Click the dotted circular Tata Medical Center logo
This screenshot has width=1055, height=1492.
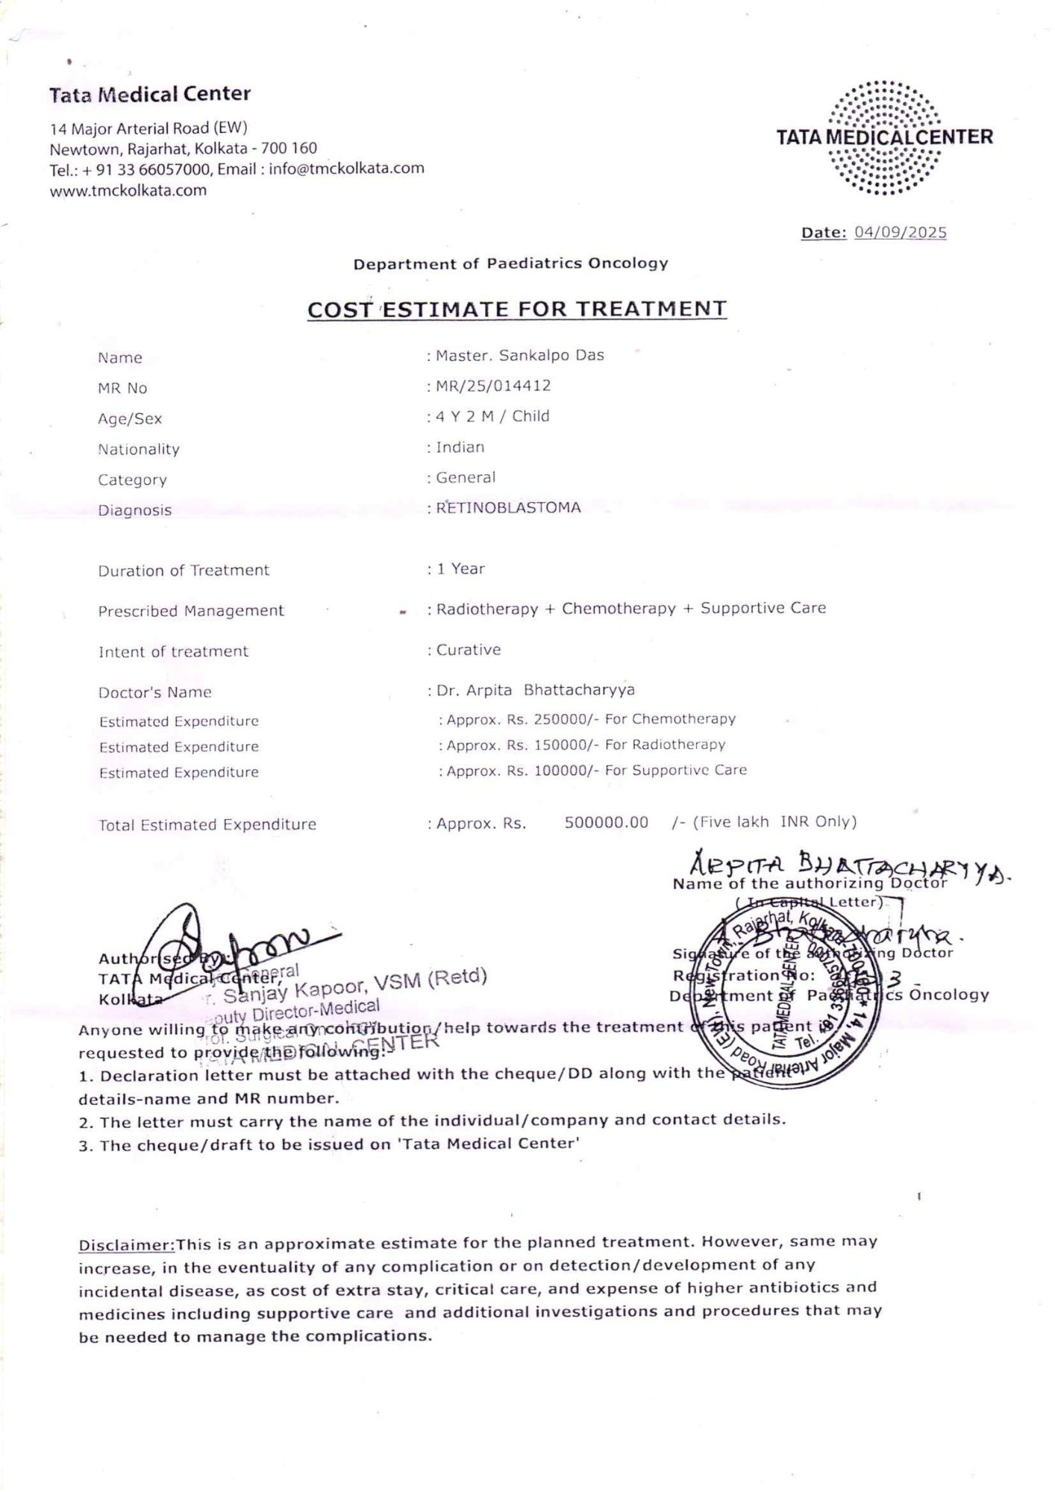[x=885, y=138]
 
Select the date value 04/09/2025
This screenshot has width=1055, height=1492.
[x=900, y=232]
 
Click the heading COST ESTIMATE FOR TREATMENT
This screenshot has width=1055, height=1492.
[x=517, y=309]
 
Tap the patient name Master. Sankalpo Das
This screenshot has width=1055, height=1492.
[x=520, y=355]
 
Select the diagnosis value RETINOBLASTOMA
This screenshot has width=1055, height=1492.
[x=508, y=508]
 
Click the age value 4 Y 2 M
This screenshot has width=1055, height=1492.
[x=466, y=416]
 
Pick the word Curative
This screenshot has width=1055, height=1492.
[x=469, y=650]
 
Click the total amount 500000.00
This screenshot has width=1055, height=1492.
[x=606, y=822]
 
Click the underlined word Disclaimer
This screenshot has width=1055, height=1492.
[x=126, y=1245]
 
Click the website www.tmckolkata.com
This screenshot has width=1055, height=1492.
[x=128, y=190]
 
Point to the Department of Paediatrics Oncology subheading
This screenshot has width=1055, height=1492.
[x=510, y=263]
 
